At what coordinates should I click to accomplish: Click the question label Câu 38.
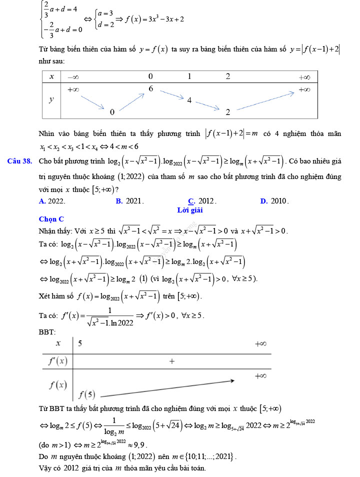pyautogui.click(x=20, y=161)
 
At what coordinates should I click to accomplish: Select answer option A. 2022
pyautogui.click(x=51, y=201)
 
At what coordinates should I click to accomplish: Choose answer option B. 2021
pyautogui.click(x=129, y=201)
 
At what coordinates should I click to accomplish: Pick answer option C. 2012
pyautogui.click(x=202, y=201)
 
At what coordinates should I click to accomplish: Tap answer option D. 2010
pyautogui.click(x=274, y=201)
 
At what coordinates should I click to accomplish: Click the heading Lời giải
pyautogui.click(x=190, y=210)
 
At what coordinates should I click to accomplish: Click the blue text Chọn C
pyautogui.click(x=51, y=219)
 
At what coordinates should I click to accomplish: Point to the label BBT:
pyautogui.click(x=47, y=332)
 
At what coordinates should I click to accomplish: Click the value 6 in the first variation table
pyautogui.click(x=150, y=88)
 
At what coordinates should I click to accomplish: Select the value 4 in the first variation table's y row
pyautogui.click(x=189, y=100)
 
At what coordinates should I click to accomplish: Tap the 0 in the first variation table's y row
pyautogui.click(x=112, y=112)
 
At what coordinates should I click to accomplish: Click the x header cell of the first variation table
pyautogui.click(x=51, y=76)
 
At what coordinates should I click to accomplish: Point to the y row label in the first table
pyautogui.click(x=51, y=99)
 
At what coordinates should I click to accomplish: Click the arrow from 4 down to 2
pyautogui.click(x=207, y=105)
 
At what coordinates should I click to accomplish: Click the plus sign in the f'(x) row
pyautogui.click(x=172, y=360)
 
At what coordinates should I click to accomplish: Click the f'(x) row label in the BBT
pyautogui.click(x=57, y=361)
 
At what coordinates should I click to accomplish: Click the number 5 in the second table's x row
pyautogui.click(x=80, y=343)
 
